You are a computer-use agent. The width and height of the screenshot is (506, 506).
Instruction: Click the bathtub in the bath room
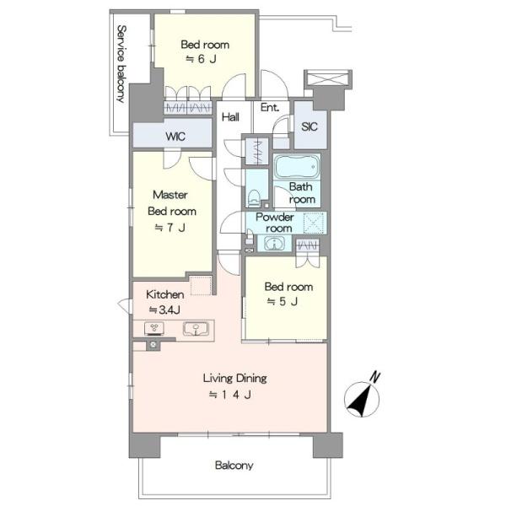pyautogui.click(x=297, y=167)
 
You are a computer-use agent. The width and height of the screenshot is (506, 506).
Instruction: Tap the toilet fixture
pyautogui.click(x=255, y=198)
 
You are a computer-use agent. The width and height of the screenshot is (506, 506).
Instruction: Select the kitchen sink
pyautogui.click(x=196, y=329)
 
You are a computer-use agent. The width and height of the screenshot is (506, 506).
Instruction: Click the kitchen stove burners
pyautogui.click(x=154, y=328)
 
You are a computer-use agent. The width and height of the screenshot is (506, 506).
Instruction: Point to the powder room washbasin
pyautogui.click(x=274, y=244)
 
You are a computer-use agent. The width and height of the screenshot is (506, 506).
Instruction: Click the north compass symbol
pyautogui.click(x=362, y=400)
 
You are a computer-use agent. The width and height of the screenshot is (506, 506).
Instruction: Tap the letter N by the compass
pyautogui.click(x=374, y=377)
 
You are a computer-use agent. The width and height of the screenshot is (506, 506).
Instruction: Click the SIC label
pyautogui.click(x=310, y=126)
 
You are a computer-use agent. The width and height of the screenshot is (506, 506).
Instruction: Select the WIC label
pyautogui.click(x=175, y=136)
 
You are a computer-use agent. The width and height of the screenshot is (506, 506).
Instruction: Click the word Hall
pyautogui.click(x=230, y=117)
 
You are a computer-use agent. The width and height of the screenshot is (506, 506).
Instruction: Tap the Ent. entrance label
pyautogui.click(x=270, y=107)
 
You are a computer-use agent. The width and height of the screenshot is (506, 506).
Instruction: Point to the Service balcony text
pyautogui.click(x=121, y=64)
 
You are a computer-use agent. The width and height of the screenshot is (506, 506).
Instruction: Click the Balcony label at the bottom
pyautogui.click(x=234, y=466)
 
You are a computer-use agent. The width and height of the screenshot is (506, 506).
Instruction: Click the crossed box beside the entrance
pyautogui.click(x=328, y=78)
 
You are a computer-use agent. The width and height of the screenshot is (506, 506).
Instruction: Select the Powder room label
pyautogui.click(x=275, y=223)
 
